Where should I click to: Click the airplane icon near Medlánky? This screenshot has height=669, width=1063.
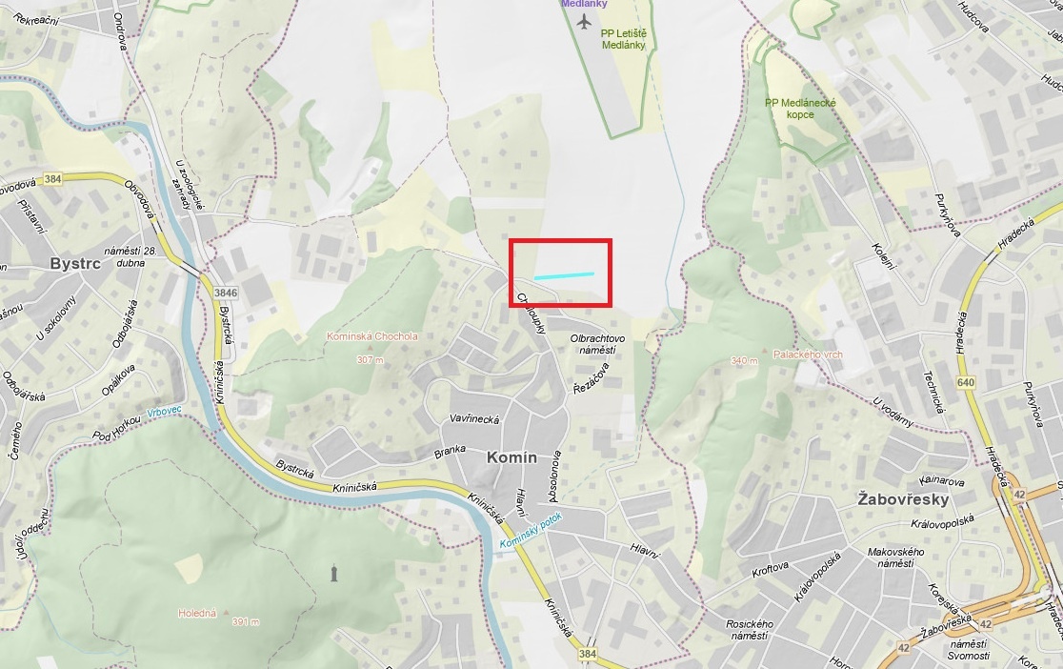584,22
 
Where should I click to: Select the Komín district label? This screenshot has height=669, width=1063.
511,457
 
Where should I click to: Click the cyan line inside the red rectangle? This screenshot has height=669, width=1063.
564,275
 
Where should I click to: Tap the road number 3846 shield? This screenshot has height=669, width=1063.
226,293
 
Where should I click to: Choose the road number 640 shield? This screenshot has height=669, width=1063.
967,382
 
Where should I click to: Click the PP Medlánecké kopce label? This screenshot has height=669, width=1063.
800,109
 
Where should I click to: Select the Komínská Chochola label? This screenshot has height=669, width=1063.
371,336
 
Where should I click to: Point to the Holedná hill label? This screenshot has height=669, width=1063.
196,613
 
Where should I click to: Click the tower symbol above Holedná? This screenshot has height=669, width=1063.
333,572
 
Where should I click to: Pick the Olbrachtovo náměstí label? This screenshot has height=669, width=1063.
597,344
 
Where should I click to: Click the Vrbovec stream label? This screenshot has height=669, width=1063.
164,413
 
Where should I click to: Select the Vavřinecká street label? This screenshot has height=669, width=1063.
474,418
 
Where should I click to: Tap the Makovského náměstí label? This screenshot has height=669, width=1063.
895,557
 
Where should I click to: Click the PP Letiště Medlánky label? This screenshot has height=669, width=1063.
623,38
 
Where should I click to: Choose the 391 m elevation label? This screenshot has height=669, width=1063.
245,621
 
